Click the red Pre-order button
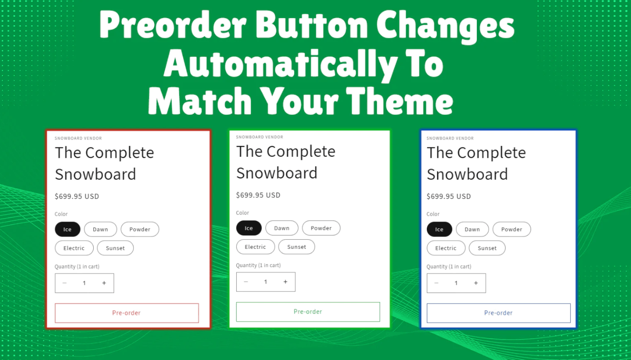pos(127,313)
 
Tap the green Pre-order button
pos(308,312)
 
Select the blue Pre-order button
pos(498,313)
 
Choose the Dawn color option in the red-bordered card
pos(100,229)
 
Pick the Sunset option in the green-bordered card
pos(297,247)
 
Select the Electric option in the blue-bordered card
pos(446,248)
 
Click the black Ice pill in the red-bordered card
pos(68,229)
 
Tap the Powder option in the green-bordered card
pos(321,228)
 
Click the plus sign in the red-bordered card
pos(104,283)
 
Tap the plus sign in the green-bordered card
pos(285,282)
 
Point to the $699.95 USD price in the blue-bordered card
pos(448,196)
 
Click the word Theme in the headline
pos(400,100)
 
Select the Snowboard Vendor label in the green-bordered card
pos(260,137)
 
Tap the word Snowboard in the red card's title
pos(96,174)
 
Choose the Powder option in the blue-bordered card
pos(512,229)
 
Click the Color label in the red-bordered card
pos(61,214)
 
